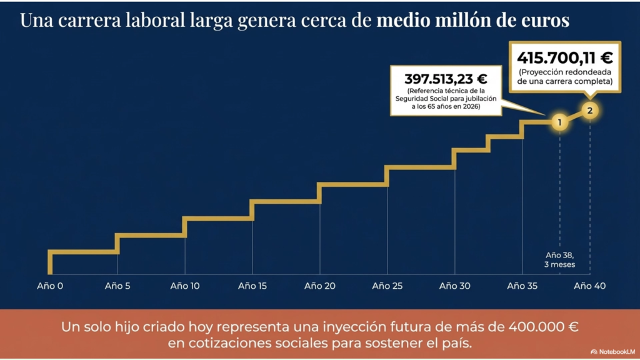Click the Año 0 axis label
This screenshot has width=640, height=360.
pos(50,286)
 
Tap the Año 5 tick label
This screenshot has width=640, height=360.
pos(117,286)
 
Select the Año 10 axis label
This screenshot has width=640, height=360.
pos(185,286)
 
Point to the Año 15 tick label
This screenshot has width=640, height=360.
pos(252,286)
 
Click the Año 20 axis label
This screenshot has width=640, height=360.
pos(320,286)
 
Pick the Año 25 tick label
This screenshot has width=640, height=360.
pos(387,286)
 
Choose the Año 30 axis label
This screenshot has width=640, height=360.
pos(455,286)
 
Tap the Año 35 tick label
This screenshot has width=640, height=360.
pos(522,286)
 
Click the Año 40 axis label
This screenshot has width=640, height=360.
pos(589,286)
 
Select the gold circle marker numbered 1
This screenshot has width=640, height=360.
pos(560,122)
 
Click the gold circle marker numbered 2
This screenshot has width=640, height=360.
pos(590,111)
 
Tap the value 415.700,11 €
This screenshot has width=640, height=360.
pos(564,58)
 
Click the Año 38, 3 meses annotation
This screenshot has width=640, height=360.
pos(560,259)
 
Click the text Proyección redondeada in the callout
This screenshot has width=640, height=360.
pos(565,72)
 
